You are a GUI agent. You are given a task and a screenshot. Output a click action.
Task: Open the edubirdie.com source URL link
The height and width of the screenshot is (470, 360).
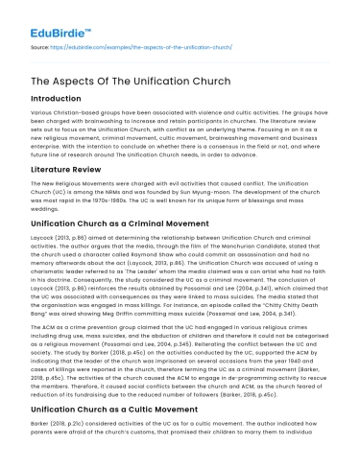138,44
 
